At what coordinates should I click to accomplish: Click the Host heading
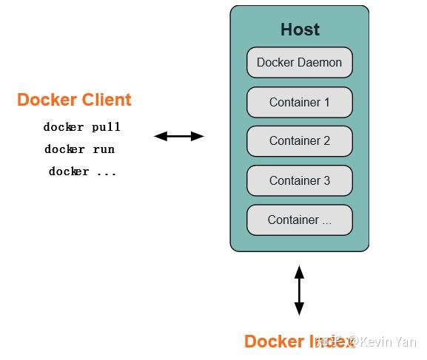pyautogui.click(x=300, y=30)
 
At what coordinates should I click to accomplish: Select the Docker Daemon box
pyautogui.click(x=299, y=63)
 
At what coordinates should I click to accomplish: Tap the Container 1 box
pyautogui.click(x=299, y=102)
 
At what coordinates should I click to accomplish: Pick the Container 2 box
pyautogui.click(x=299, y=140)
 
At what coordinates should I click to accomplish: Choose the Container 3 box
pyautogui.click(x=299, y=180)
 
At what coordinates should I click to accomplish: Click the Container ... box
pyautogui.click(x=299, y=220)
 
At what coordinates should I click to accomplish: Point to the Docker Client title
pyautogui.click(x=74, y=100)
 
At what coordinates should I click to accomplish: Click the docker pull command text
pyautogui.click(x=81, y=127)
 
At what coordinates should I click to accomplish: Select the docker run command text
pyautogui.click(x=79, y=149)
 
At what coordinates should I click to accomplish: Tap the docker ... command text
pyautogui.click(x=82, y=171)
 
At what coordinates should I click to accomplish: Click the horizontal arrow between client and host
pyautogui.click(x=178, y=136)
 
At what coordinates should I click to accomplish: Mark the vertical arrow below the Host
pyautogui.click(x=299, y=291)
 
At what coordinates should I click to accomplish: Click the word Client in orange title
pyautogui.click(x=104, y=100)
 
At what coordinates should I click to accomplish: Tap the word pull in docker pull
pyautogui.click(x=106, y=127)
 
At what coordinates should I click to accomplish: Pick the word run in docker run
pyautogui.click(x=103, y=149)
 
